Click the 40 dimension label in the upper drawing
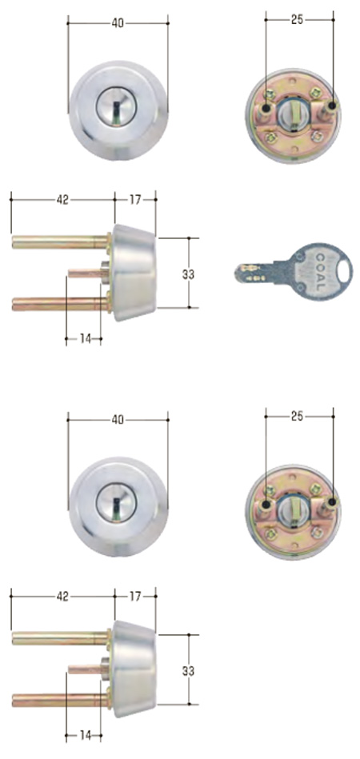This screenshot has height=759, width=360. pos(118,23)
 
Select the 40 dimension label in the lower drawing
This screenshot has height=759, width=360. pos(118,419)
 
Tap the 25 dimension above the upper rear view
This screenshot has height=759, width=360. pos(298,18)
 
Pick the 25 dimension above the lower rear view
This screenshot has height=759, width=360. pos(298,417)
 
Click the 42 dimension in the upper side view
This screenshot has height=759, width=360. pos(62,200)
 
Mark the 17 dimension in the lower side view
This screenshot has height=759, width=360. pos(136,597)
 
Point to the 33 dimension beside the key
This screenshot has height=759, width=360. pos(189,274)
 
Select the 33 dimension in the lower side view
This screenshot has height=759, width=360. pos(189,669)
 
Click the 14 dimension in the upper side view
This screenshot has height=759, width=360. pos(83,339)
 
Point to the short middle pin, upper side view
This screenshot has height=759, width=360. pos(85,273)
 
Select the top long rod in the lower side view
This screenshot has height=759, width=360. pos(61,637)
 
